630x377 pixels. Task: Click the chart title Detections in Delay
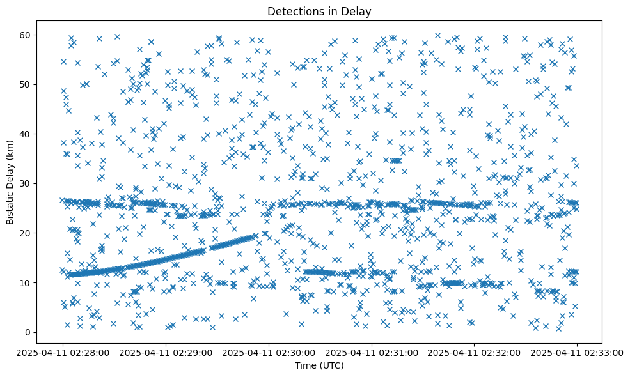(319, 11)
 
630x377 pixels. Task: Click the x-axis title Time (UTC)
(319, 366)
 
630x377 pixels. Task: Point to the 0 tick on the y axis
(29, 332)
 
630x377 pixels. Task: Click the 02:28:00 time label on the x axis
(63, 351)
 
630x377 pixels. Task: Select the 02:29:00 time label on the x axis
(166, 351)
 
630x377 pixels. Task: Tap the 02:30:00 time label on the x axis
(269, 351)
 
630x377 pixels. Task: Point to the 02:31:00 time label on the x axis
(372, 351)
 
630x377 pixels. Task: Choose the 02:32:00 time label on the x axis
(475, 351)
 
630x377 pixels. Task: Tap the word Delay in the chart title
(358, 11)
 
